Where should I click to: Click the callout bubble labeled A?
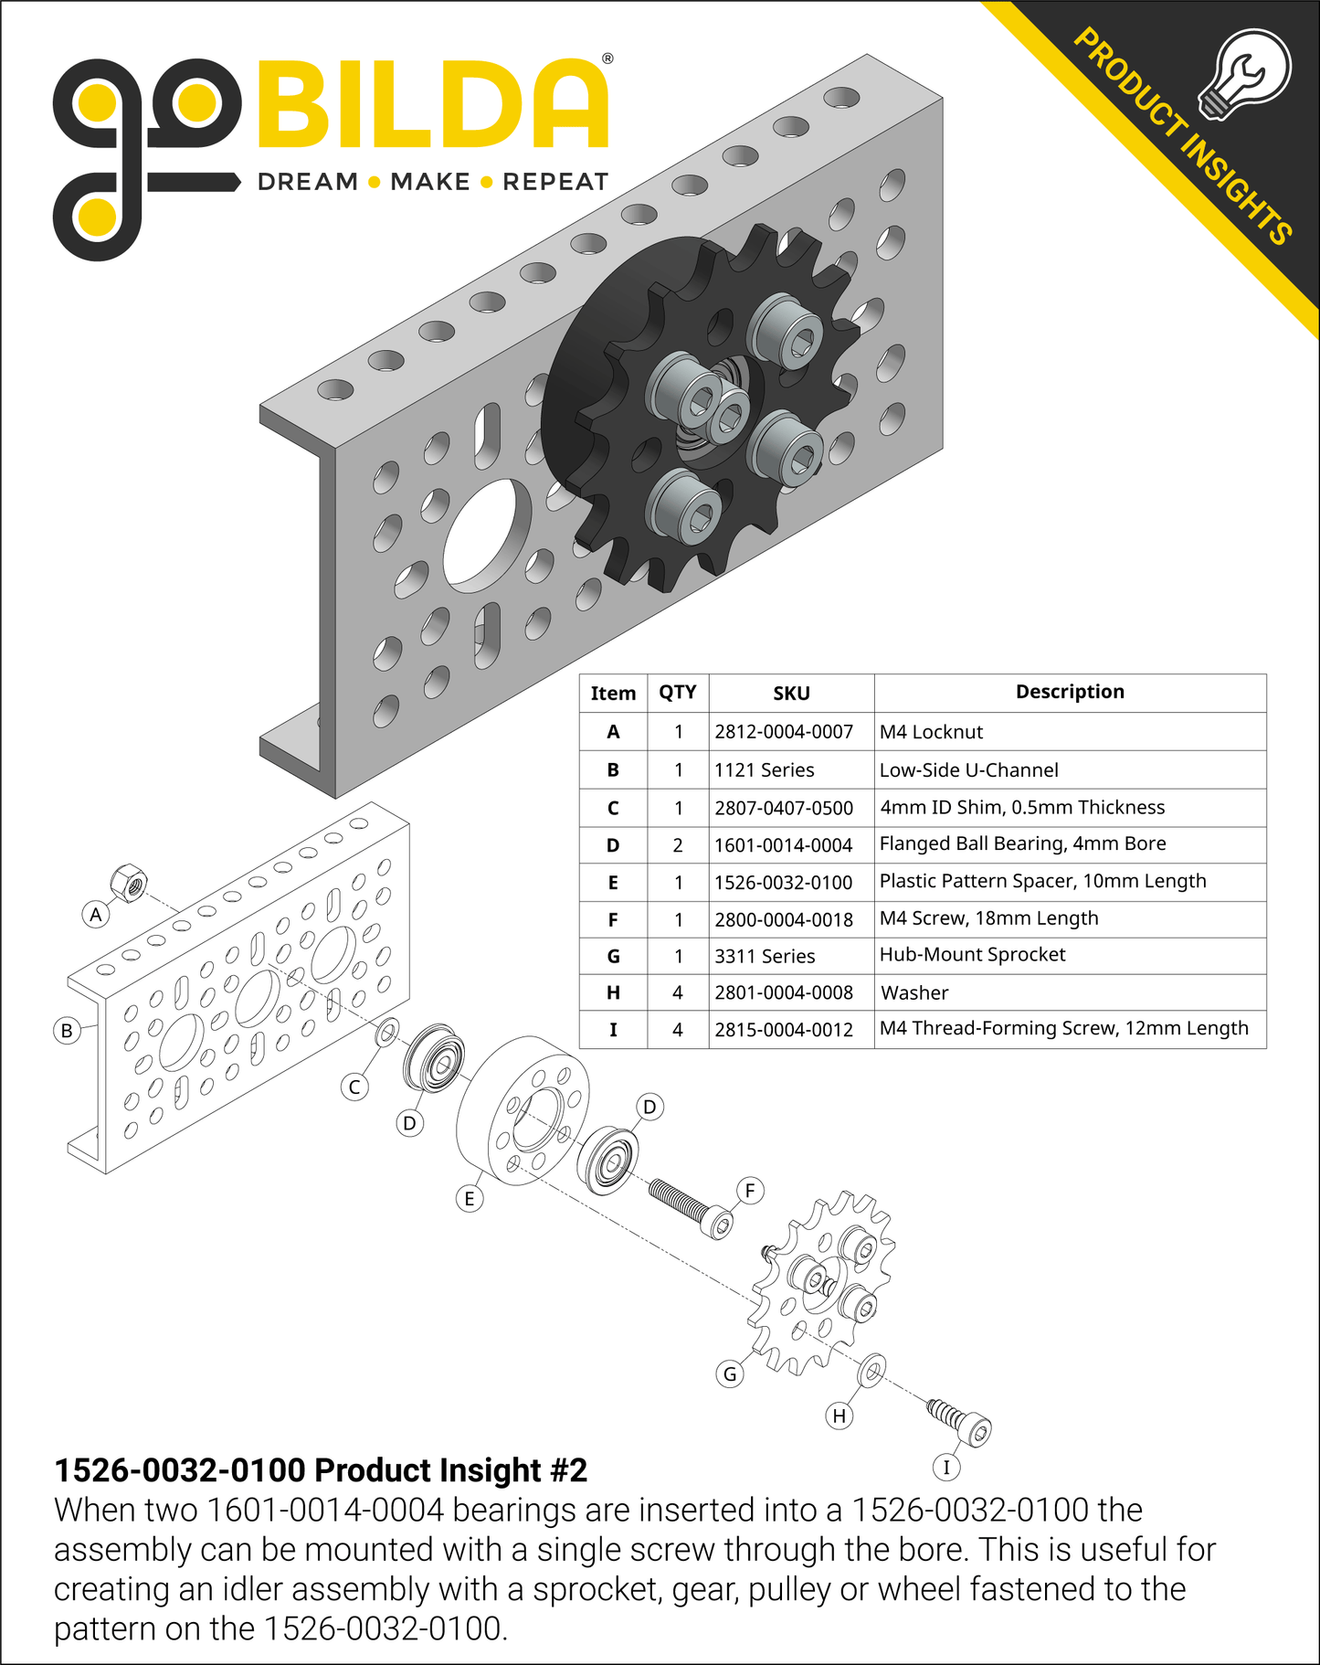[96, 914]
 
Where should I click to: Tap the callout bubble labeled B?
[67, 1031]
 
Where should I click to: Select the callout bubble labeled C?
[354, 1087]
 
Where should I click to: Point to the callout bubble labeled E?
[470, 1199]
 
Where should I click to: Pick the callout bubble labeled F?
[750, 1191]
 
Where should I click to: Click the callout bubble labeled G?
[730, 1373]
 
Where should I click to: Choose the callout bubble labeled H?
[840, 1416]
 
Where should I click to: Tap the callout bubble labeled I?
[946, 1468]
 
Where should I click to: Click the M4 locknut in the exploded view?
[129, 883]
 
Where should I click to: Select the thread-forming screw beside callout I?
[960, 1421]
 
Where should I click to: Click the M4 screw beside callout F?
[691, 1207]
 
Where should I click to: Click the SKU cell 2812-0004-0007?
[784, 732]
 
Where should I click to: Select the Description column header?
[1070, 692]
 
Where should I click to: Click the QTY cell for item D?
[678, 845]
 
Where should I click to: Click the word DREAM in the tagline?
[308, 182]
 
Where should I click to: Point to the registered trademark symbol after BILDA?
[607, 58]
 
